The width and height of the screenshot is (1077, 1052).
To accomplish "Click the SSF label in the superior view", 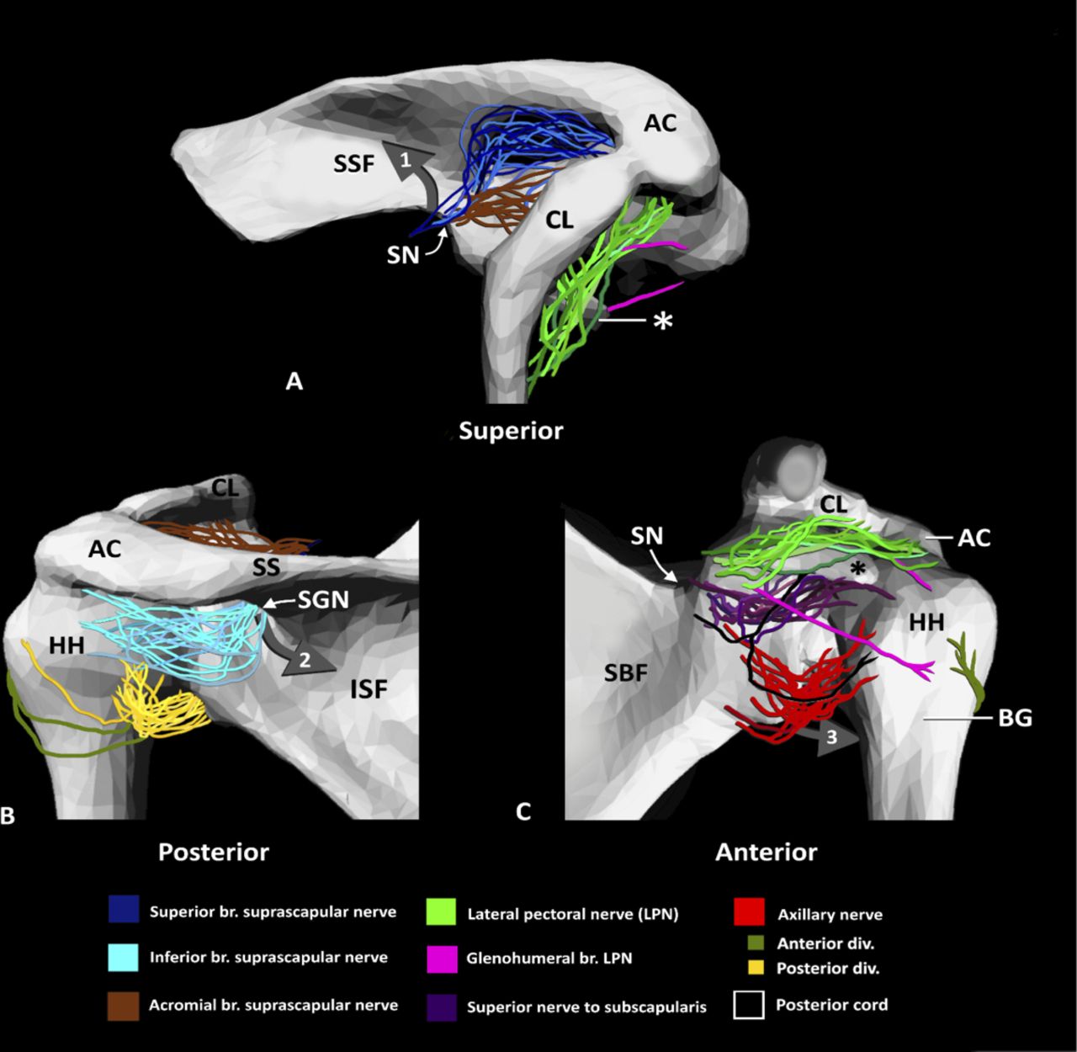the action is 353,164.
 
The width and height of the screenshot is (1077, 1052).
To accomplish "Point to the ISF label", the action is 369,689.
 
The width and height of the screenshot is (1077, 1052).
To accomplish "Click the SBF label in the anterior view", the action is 625,673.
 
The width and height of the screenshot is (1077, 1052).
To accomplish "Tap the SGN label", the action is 323,599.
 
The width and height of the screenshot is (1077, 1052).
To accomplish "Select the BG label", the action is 1015,718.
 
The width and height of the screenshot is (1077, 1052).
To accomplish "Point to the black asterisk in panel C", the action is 857,569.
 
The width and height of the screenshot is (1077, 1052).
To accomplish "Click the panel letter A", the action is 294,381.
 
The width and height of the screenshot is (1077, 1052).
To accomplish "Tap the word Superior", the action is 511,431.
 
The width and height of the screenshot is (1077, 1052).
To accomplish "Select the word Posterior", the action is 214,852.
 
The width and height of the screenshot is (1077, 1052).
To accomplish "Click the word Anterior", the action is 766,852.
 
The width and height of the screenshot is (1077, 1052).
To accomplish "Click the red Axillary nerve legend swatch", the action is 749,911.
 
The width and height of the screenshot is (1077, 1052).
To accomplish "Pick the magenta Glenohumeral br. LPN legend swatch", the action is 443,959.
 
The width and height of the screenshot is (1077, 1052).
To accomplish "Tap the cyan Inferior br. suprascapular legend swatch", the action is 124,958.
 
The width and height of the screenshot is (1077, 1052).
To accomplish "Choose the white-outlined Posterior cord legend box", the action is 749,1005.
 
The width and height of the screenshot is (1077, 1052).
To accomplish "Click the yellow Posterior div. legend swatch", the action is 756,968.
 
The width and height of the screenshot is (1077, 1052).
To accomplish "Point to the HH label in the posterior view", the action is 66,645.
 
